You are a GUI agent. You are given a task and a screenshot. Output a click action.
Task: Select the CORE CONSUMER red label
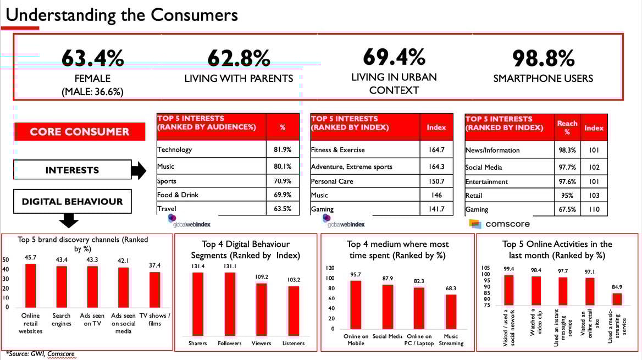point(79,132)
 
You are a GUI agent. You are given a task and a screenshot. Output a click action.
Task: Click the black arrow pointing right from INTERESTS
point(139,170)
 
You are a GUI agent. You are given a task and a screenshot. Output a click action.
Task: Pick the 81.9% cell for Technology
point(283,149)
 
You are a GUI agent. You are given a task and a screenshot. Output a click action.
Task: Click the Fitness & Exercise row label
point(337,149)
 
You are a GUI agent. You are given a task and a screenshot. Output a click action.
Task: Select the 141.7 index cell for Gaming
point(435,209)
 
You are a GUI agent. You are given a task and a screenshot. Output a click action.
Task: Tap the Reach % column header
point(567,128)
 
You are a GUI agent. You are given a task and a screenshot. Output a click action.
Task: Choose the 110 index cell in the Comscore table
point(594,209)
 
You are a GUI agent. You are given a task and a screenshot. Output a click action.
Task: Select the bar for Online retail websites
point(31,285)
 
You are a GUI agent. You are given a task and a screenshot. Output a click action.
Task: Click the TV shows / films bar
point(155,289)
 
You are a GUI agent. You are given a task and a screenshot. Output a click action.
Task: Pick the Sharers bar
point(197,303)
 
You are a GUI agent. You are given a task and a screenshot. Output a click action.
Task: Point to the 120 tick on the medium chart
point(330,268)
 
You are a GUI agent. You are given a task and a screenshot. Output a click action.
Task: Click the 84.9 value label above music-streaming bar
point(616,286)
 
